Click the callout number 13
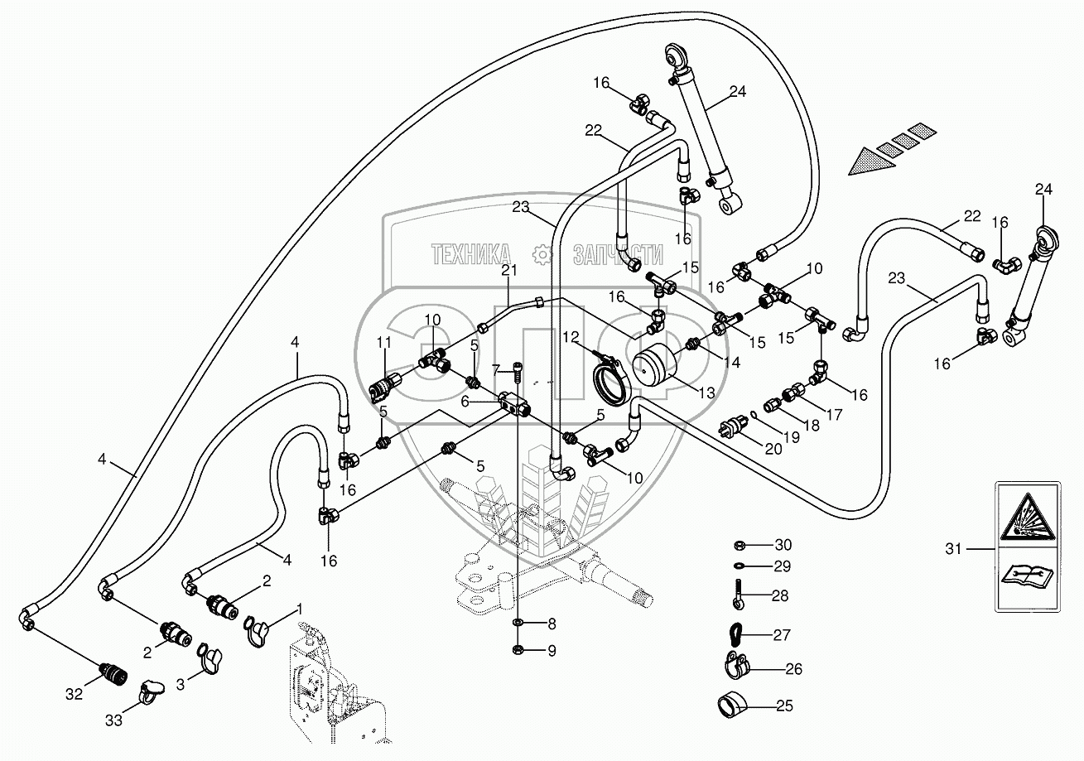tap(705, 393)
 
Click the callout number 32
tap(74, 694)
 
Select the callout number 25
tap(783, 706)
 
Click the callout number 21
tap(508, 271)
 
